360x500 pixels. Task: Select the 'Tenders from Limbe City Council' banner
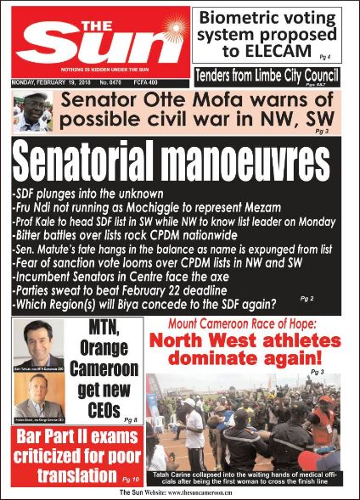[x=271, y=75]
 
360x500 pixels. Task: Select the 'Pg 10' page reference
[x=131, y=480]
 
